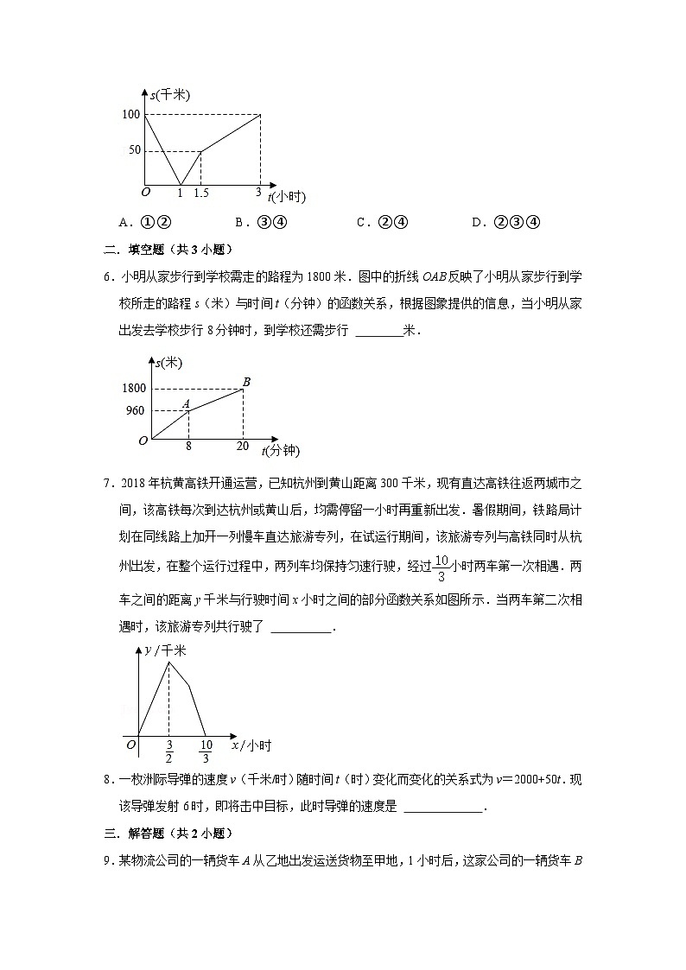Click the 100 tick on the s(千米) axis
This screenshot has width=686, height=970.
click(x=131, y=114)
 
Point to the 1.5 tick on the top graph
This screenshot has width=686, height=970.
click(x=200, y=193)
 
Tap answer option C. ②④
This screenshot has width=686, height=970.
click(x=382, y=222)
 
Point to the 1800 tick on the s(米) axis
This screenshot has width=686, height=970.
click(x=134, y=389)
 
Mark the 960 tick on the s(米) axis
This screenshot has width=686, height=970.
click(x=137, y=411)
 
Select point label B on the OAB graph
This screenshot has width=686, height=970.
click(x=246, y=382)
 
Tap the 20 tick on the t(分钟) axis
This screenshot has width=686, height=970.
click(x=243, y=447)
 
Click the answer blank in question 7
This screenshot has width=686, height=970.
click(x=301, y=628)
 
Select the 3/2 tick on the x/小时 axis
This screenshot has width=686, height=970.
click(x=168, y=751)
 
